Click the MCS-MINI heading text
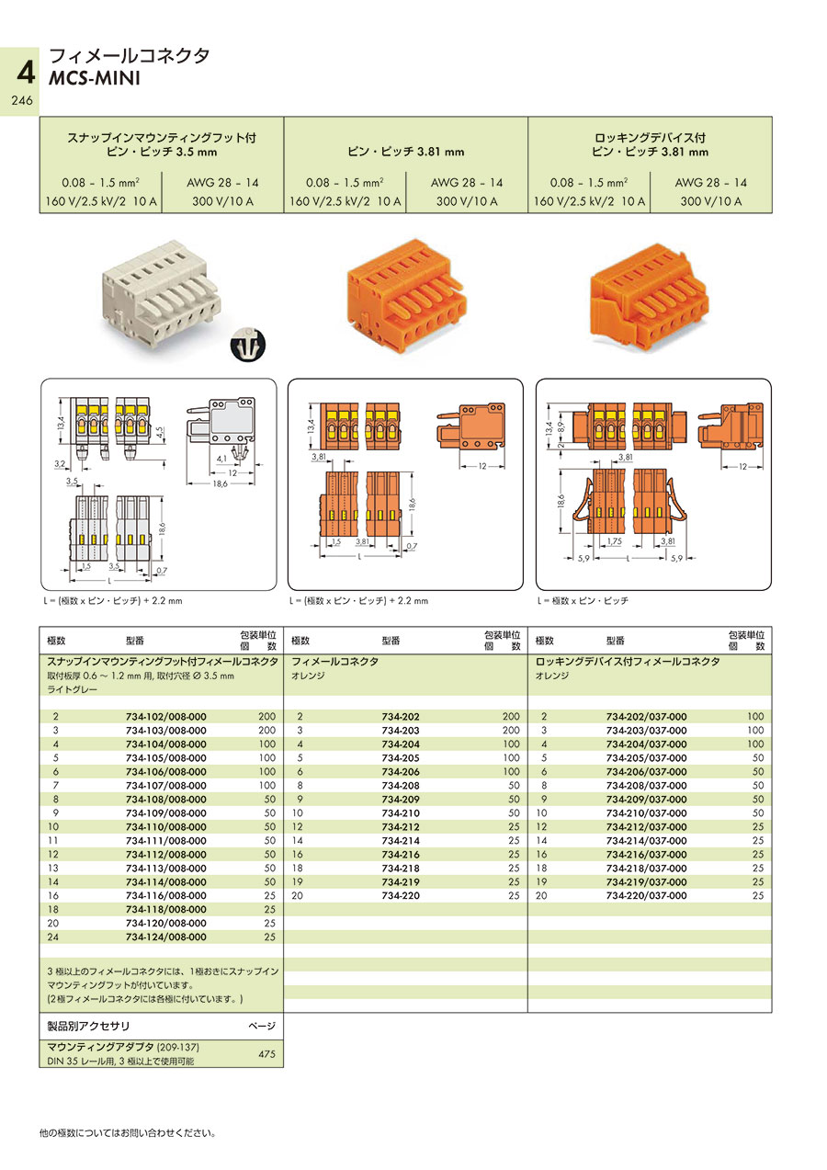point(95,78)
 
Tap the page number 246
point(21,101)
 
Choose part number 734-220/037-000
point(646,895)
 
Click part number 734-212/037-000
point(646,826)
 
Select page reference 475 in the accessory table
point(266,1055)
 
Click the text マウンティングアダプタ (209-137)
point(123,1048)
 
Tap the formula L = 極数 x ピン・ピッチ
point(583,600)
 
